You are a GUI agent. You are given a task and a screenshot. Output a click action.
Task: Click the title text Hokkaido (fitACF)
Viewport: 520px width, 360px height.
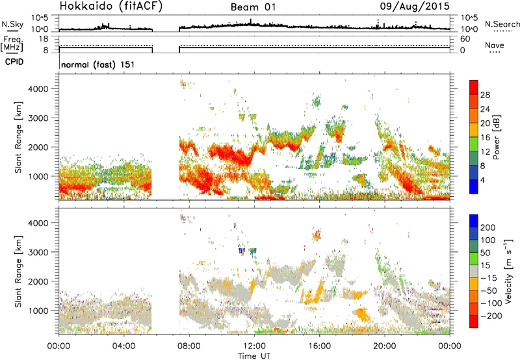pyautogui.click(x=111, y=6)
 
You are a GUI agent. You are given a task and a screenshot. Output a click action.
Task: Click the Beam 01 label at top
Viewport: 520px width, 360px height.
pyautogui.click(x=253, y=7)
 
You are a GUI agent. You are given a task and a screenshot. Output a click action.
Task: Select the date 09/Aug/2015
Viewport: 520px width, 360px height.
pyautogui.click(x=415, y=6)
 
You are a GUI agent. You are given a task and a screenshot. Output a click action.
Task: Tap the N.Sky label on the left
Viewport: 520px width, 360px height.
pyautogui.click(x=12, y=24)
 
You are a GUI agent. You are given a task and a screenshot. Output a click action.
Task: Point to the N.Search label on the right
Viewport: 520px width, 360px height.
pyautogui.click(x=502, y=24)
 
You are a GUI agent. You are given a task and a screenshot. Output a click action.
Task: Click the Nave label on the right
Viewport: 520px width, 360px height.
pyautogui.click(x=495, y=45)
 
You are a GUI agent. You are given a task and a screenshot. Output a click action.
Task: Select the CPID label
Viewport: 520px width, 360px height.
pyautogui.click(x=14, y=62)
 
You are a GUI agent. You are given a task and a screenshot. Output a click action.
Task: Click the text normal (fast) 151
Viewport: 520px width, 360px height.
pyautogui.click(x=98, y=64)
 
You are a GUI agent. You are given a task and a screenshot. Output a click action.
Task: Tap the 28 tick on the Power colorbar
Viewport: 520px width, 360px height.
pyautogui.click(x=485, y=95)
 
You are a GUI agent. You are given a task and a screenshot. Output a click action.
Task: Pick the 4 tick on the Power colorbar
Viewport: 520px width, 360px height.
pyautogui.click(x=482, y=180)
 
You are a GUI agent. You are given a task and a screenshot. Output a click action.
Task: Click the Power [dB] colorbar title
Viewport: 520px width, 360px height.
pyautogui.click(x=497, y=137)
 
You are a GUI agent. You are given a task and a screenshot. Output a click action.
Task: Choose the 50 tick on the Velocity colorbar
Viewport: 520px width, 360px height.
pyautogui.click(x=485, y=253)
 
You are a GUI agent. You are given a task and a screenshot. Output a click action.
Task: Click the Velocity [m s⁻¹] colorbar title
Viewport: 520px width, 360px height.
pyautogui.click(x=509, y=271)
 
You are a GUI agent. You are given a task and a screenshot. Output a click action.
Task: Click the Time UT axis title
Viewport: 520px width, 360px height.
pyautogui.click(x=254, y=356)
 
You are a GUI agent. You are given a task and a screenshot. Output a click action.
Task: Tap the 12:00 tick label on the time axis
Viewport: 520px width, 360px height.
pyautogui.click(x=254, y=346)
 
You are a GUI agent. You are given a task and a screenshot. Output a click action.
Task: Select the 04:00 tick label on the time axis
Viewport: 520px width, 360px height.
pyautogui.click(x=124, y=346)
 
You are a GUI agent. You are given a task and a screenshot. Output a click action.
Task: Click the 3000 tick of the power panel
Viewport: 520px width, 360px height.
pyautogui.click(x=38, y=118)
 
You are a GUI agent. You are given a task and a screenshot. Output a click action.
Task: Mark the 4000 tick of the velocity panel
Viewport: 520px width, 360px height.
pyautogui.click(x=38, y=223)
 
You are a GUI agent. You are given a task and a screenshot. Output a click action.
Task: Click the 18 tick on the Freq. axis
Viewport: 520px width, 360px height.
pyautogui.click(x=44, y=39)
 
